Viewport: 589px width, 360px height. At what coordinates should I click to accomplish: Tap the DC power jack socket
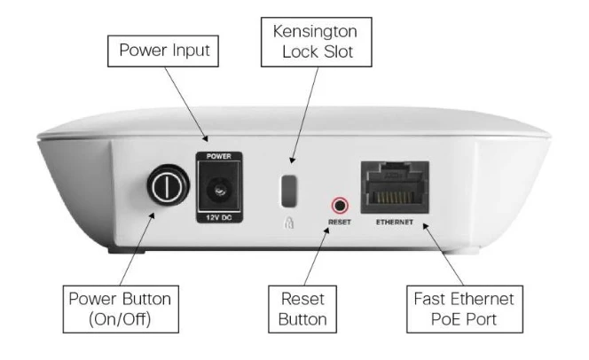(218, 188)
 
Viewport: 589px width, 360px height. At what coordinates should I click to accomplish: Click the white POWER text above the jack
(218, 157)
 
